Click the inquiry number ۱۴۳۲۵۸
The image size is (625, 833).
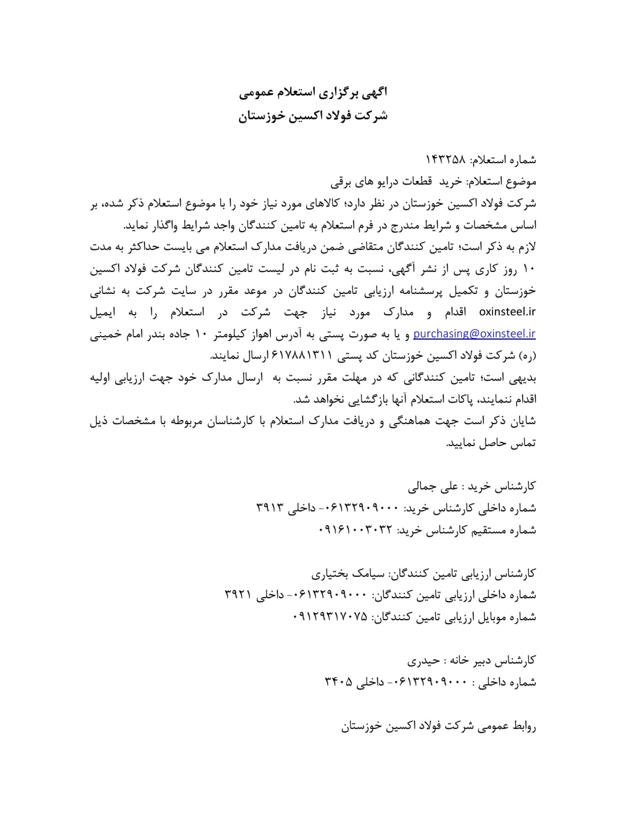[x=449, y=160]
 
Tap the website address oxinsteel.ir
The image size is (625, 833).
[x=508, y=312]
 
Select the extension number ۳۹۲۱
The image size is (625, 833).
[x=238, y=595]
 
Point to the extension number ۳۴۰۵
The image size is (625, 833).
[x=339, y=682]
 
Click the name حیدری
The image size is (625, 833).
[x=423, y=660]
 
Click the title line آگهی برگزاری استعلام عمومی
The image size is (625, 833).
[x=313, y=92]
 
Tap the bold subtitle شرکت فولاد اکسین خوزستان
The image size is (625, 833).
[x=313, y=116]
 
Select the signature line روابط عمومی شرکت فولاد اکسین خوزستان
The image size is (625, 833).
[x=438, y=726]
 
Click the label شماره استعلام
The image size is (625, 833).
[x=505, y=160]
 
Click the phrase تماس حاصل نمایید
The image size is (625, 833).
[x=491, y=443]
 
